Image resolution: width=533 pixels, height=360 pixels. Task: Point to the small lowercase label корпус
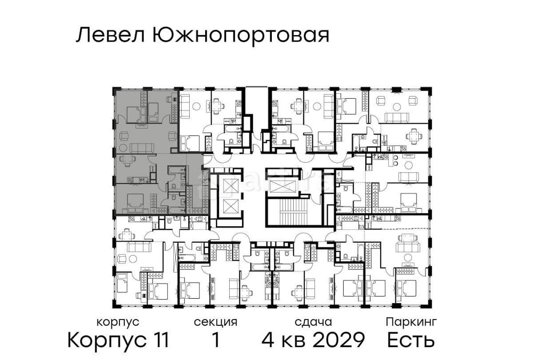pos(118,322)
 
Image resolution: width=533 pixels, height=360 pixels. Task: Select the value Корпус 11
pos(118,340)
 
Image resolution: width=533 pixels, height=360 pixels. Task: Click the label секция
pos(215,322)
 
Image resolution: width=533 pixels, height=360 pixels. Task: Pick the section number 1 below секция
pos(215,340)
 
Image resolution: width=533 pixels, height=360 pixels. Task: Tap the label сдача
pos(313,322)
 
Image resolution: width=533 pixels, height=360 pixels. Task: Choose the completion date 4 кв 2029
pos(313,340)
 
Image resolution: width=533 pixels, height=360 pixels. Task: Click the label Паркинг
pos(411,322)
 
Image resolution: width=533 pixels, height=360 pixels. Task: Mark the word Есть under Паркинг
pos(411,340)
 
